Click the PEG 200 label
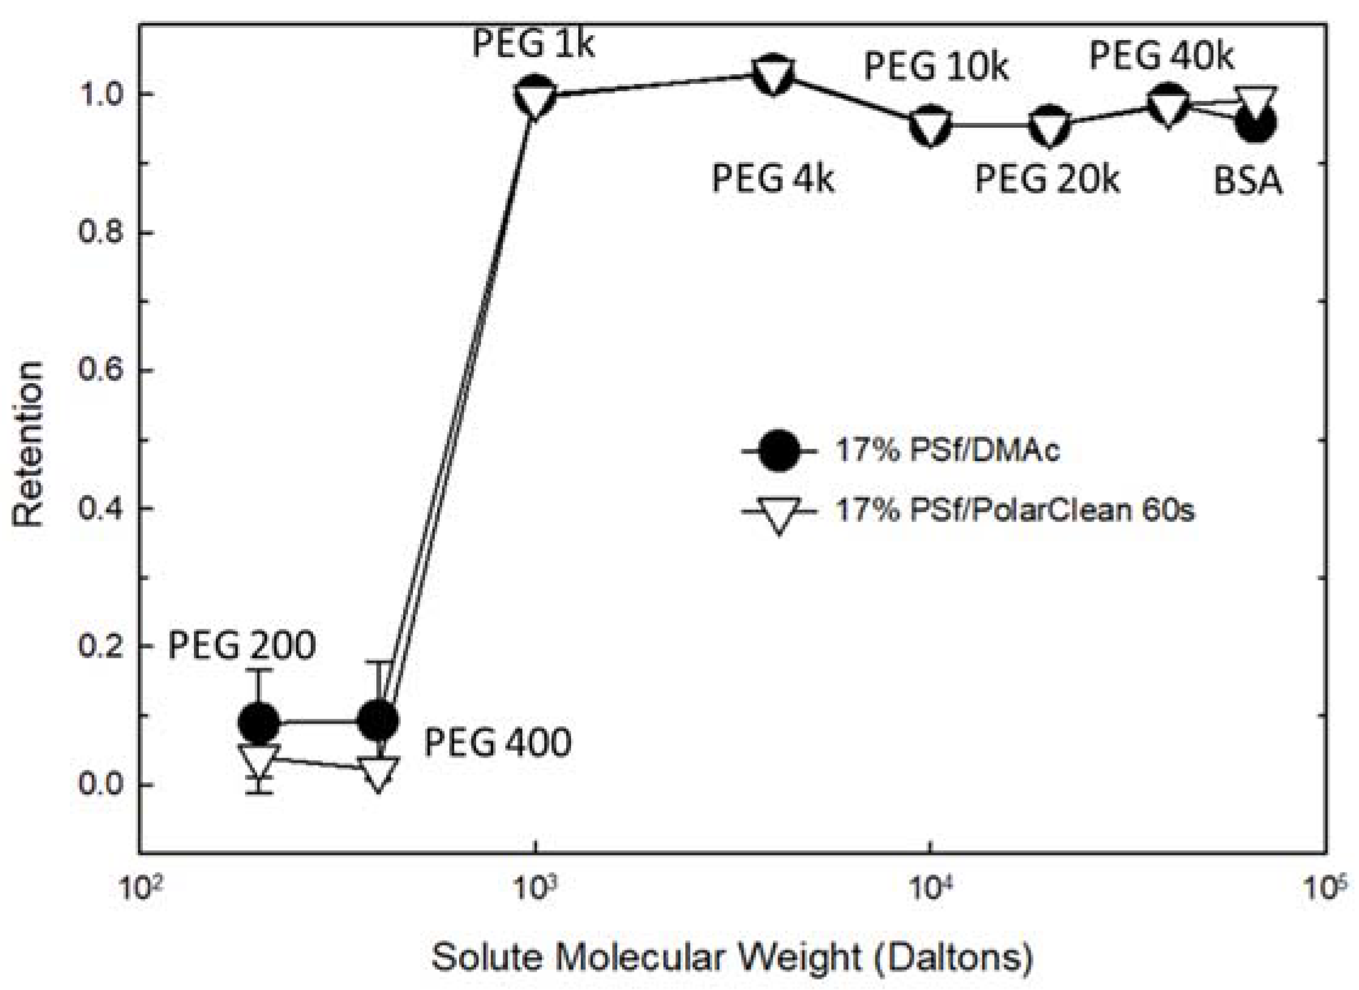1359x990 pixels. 241,646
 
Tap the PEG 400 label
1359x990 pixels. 497,742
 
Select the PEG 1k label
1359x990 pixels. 533,44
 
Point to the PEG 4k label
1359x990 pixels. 772,179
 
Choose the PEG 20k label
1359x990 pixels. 1047,179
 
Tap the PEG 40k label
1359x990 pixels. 1161,56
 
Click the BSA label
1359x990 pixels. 1248,181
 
